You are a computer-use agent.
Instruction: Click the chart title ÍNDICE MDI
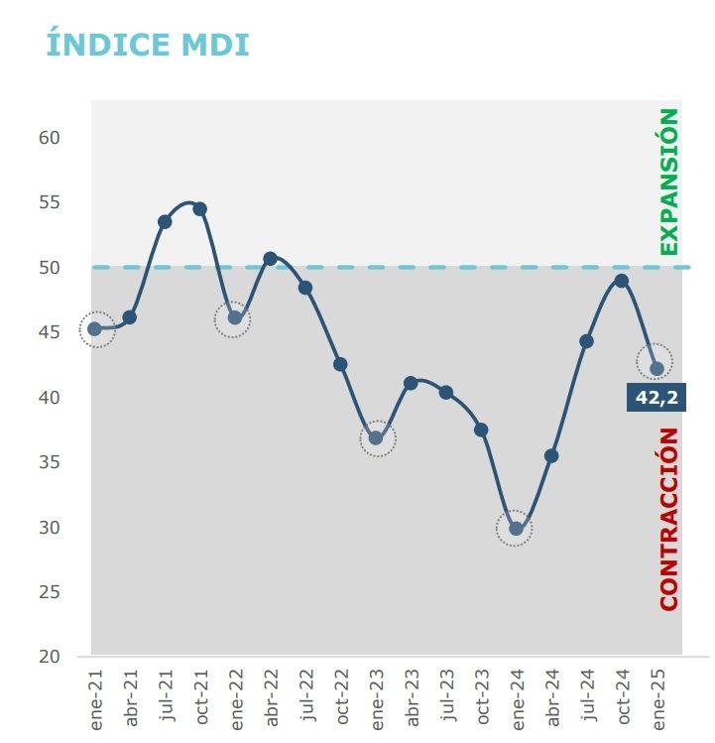pos(148,45)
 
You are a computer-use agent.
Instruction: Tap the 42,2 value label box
pos(655,398)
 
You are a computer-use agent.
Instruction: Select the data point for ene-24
pos(516,529)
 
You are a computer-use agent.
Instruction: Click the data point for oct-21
pos(199,208)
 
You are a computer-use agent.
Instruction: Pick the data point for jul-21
pos(165,221)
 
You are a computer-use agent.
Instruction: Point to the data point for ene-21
pos(95,328)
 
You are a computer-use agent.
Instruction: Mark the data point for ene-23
pos(376,438)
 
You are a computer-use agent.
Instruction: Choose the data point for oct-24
pos(621,281)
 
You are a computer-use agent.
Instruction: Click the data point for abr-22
pos(270,259)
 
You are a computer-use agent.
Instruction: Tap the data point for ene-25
pos(656,368)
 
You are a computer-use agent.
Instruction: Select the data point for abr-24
pos(551,456)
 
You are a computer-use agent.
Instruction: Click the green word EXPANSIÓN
pos(669,182)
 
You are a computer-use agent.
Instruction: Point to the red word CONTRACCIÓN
pos(669,518)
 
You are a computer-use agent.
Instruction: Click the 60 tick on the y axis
pos(51,137)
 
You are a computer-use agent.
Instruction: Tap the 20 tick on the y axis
pos(51,657)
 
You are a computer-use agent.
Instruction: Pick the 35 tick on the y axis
pos(51,462)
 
